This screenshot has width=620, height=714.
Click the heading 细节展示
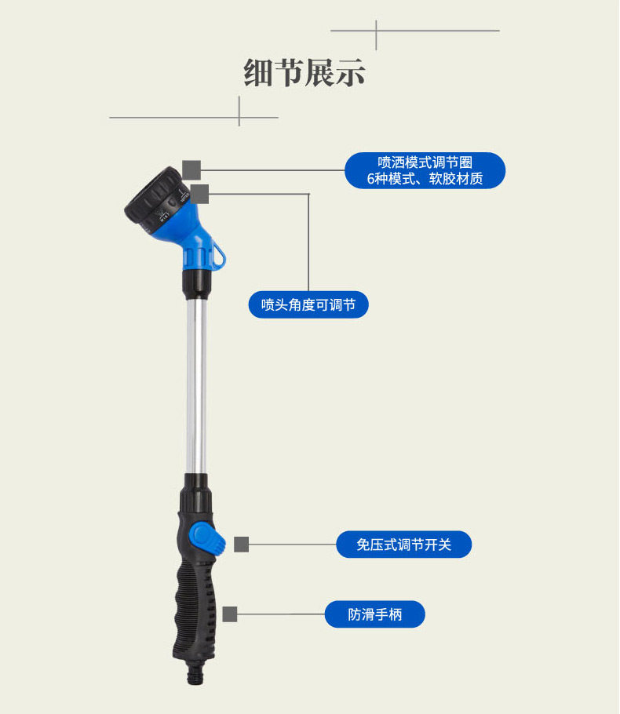coord(305,74)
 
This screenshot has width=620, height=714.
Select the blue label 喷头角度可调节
coord(308,304)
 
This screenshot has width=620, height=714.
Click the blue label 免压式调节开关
coord(403,545)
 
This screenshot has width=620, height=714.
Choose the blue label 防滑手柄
coord(374,614)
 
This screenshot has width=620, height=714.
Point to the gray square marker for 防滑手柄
coord(230,614)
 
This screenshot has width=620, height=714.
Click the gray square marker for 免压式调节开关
coord(242,545)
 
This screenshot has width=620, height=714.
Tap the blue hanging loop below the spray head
coord(217,253)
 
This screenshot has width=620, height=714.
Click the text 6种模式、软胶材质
coord(425,180)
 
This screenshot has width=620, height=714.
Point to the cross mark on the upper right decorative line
coord(377,31)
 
